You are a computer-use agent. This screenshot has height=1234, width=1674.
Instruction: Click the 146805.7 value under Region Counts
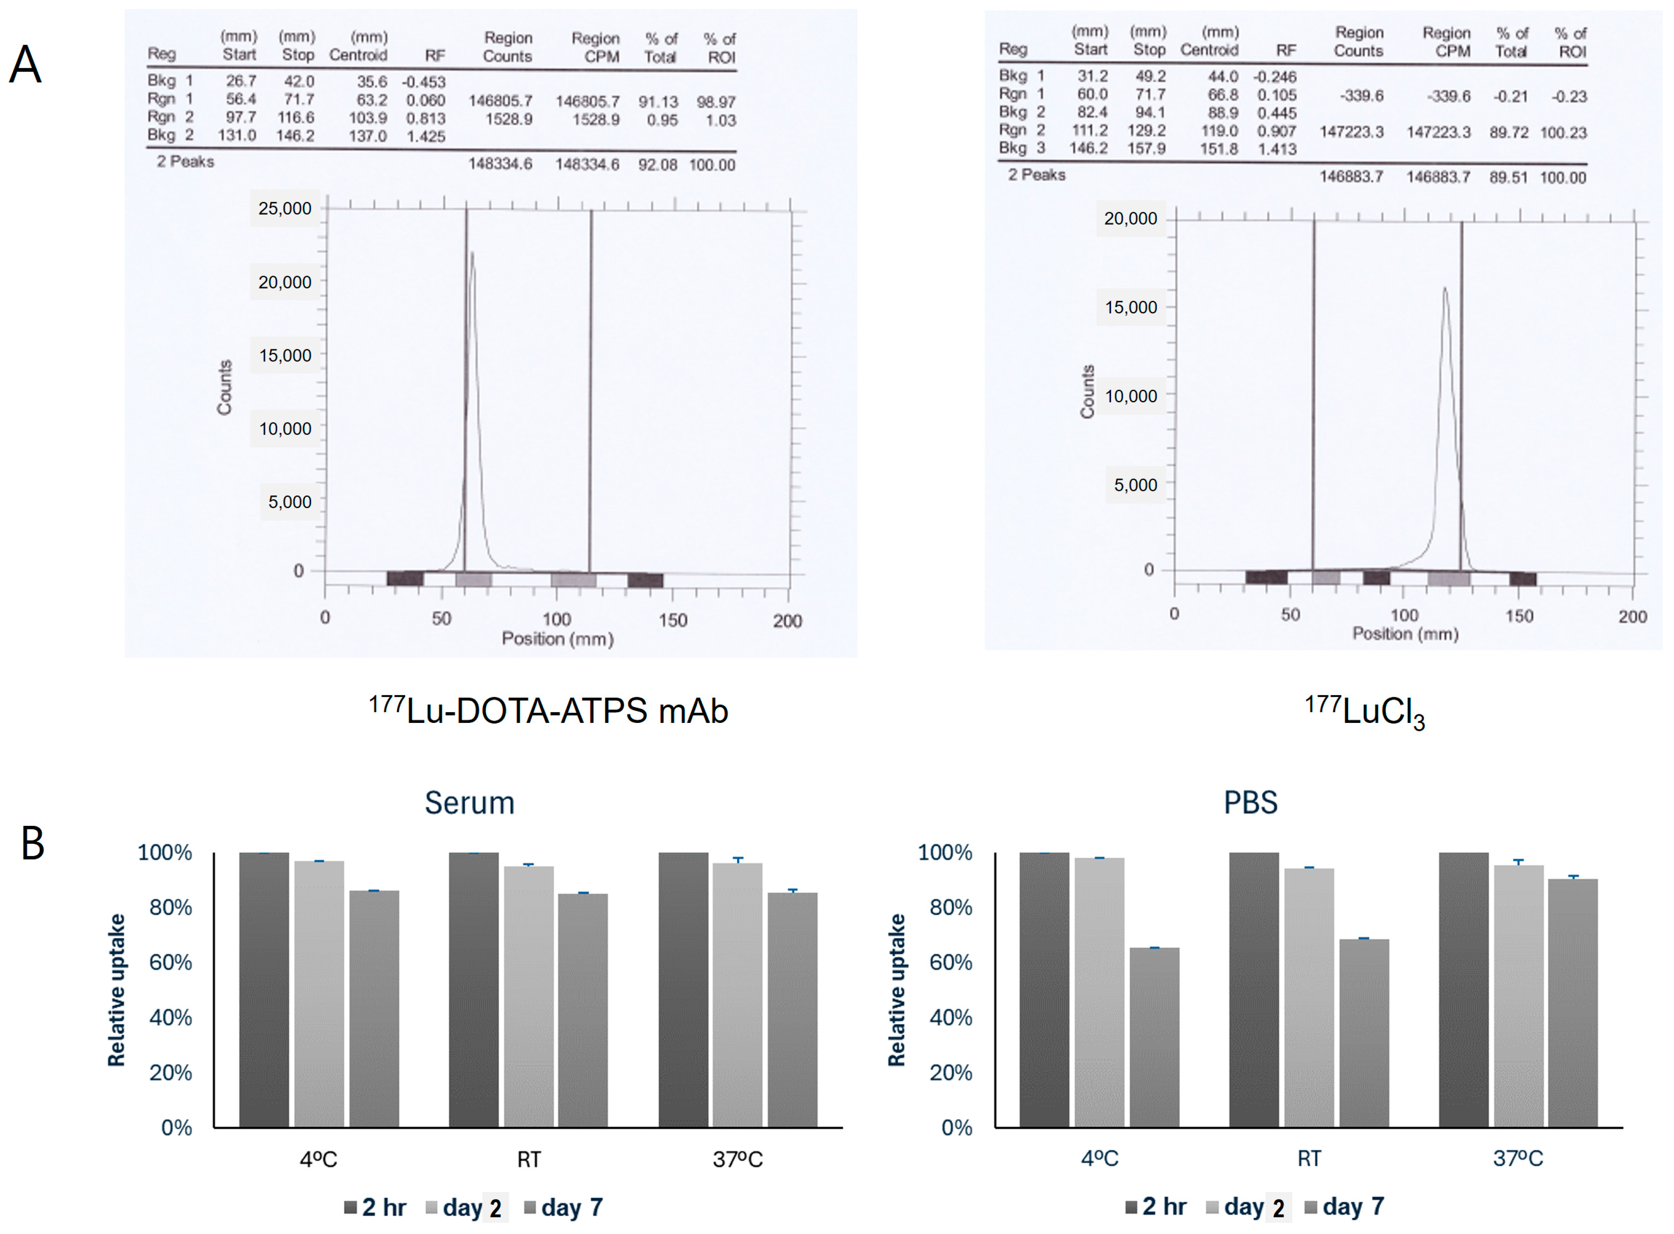tap(500, 101)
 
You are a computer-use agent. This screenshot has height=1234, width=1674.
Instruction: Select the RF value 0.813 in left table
tap(425, 118)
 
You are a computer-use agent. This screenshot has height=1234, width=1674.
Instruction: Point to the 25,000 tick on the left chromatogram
tap(285, 209)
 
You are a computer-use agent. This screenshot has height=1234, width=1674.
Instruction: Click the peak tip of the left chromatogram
tap(471, 253)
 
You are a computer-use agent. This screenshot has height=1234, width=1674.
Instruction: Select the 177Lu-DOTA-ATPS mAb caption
tap(548, 710)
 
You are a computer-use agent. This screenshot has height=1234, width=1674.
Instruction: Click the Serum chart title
tap(469, 803)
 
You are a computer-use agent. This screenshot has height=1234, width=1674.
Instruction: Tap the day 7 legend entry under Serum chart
tap(563, 1207)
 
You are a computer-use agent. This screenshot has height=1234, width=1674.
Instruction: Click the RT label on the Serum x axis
tap(528, 1159)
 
